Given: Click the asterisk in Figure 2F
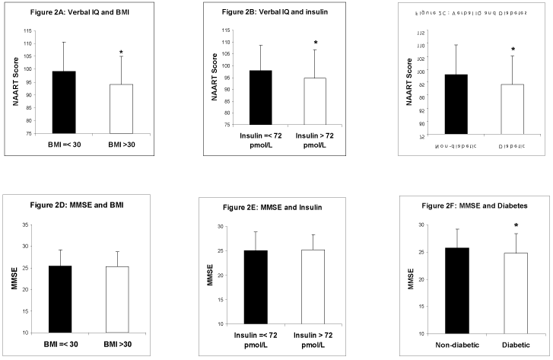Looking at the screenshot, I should coord(516,226).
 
